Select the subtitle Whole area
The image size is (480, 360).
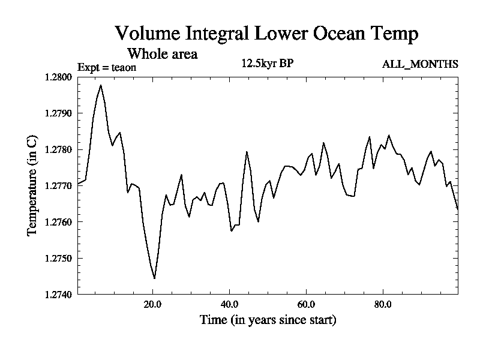point(163,54)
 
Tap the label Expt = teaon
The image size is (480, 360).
point(107,67)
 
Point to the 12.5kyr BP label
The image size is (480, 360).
point(268,64)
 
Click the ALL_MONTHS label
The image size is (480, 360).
point(420,64)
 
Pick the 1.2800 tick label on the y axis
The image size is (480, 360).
point(59,77)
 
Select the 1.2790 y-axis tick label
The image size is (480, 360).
point(59,113)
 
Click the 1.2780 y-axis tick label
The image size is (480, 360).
point(59,149)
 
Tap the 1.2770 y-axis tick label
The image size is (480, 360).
point(59,186)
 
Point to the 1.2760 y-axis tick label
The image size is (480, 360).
point(59,222)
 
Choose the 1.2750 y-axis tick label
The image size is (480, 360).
point(59,259)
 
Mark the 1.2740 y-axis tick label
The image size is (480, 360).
point(59,295)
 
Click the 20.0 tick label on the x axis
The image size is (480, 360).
point(152,304)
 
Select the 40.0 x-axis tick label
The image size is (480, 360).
point(229,304)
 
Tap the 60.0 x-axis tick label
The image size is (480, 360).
point(306,304)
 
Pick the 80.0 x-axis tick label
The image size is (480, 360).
point(383,304)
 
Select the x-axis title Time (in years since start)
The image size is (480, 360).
point(268,320)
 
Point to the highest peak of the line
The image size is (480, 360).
point(101,85)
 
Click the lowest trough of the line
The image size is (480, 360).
point(154,278)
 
